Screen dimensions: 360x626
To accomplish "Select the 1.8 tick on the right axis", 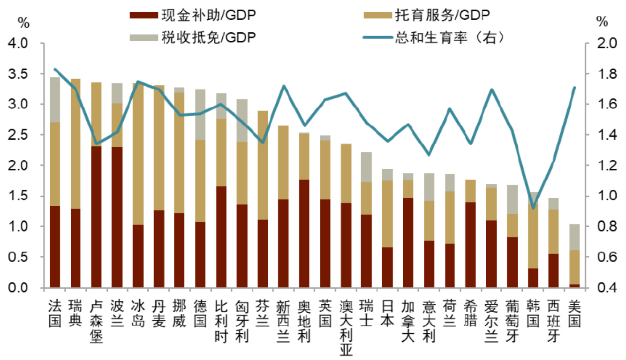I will click(x=603, y=74).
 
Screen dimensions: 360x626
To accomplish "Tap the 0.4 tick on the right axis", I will click(x=603, y=288).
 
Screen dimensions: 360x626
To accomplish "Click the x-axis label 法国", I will click(x=55, y=313).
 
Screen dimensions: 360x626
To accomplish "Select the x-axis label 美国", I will click(x=574, y=313).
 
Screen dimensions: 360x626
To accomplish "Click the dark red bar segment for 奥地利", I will click(x=304, y=233).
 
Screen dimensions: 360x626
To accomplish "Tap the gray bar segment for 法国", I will click(x=55, y=99).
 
